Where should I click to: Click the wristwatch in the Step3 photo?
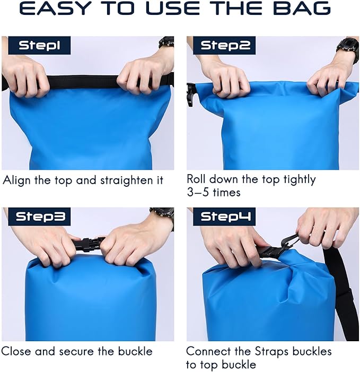162,215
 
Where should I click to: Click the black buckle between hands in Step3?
87,245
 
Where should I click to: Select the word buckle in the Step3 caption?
133,351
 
